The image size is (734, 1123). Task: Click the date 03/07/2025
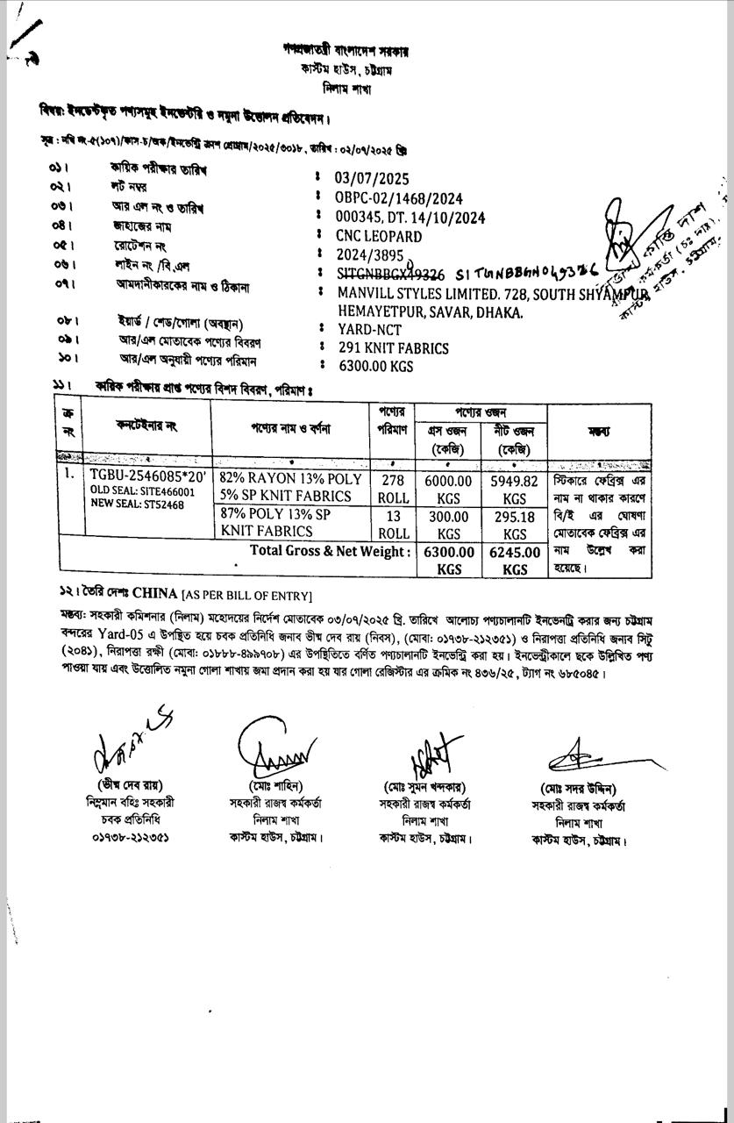point(372,180)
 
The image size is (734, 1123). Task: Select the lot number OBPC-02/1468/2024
point(398,199)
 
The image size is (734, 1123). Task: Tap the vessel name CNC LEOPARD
point(378,236)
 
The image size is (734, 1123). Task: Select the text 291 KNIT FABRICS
point(393,348)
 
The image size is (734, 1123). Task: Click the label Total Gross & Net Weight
point(331,551)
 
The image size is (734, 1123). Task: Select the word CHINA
point(154,594)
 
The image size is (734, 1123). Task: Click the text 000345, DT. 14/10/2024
point(410,218)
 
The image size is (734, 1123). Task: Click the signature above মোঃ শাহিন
point(274,747)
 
